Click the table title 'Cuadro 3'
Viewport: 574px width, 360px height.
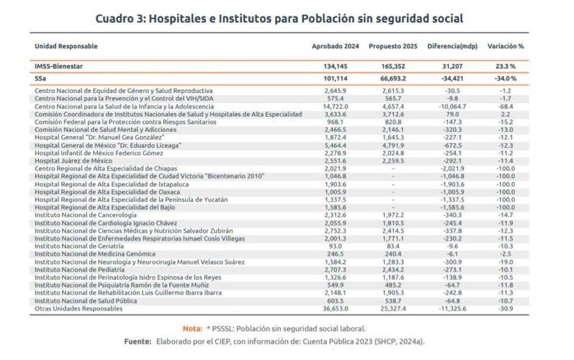point(279,19)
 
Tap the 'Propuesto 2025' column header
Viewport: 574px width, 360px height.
point(393,46)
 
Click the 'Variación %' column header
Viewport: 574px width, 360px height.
point(505,46)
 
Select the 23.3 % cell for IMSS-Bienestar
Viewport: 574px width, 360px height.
point(505,66)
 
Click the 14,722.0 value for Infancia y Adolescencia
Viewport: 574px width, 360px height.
point(336,106)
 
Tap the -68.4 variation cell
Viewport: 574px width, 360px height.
point(507,106)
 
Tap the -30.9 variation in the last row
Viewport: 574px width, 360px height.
point(507,308)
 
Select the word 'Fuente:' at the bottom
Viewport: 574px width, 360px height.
point(138,341)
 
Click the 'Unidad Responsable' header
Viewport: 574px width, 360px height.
point(66,46)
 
